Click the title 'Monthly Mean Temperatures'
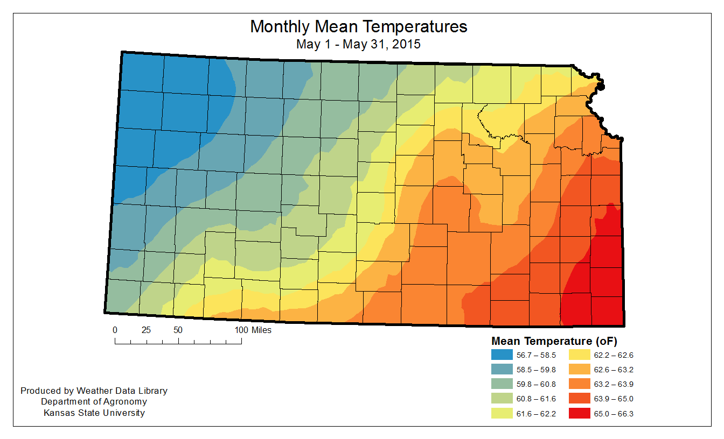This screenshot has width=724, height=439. [x=358, y=26]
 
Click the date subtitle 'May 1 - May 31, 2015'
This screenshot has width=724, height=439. [x=358, y=44]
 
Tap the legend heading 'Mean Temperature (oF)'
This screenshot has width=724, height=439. [x=554, y=341]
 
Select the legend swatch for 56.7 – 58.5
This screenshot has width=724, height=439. [x=502, y=355]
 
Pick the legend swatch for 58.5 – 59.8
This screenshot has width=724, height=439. [x=502, y=370]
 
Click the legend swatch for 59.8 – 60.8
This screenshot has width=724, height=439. [x=502, y=384]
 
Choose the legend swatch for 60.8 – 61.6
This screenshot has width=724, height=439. [x=502, y=399]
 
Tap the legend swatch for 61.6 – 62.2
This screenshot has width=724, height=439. [x=502, y=413]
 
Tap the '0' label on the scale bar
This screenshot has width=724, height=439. [x=115, y=330]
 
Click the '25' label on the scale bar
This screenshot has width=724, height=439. [x=146, y=330]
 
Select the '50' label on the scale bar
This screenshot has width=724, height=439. [x=178, y=330]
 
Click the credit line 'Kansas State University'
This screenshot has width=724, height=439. [x=94, y=413]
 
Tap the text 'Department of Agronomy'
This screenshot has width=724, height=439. [x=94, y=401]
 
